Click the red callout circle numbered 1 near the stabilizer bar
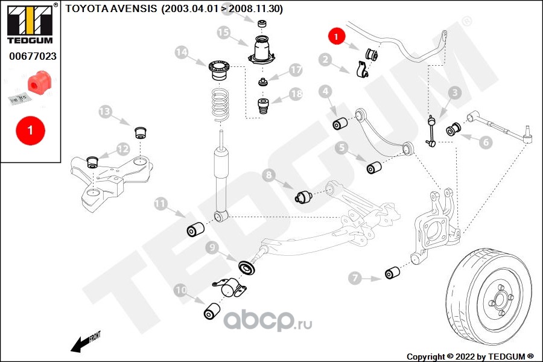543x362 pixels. point(335,37)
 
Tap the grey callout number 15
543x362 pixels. point(224,33)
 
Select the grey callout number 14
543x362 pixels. point(182,52)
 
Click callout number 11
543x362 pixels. point(160,204)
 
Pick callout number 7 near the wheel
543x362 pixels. point(355,278)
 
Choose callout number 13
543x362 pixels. point(106,112)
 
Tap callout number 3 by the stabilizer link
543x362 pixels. point(454,92)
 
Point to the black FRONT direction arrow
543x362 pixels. point(84,343)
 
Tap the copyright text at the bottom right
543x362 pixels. point(471,356)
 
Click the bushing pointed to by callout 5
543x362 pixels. point(374,167)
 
